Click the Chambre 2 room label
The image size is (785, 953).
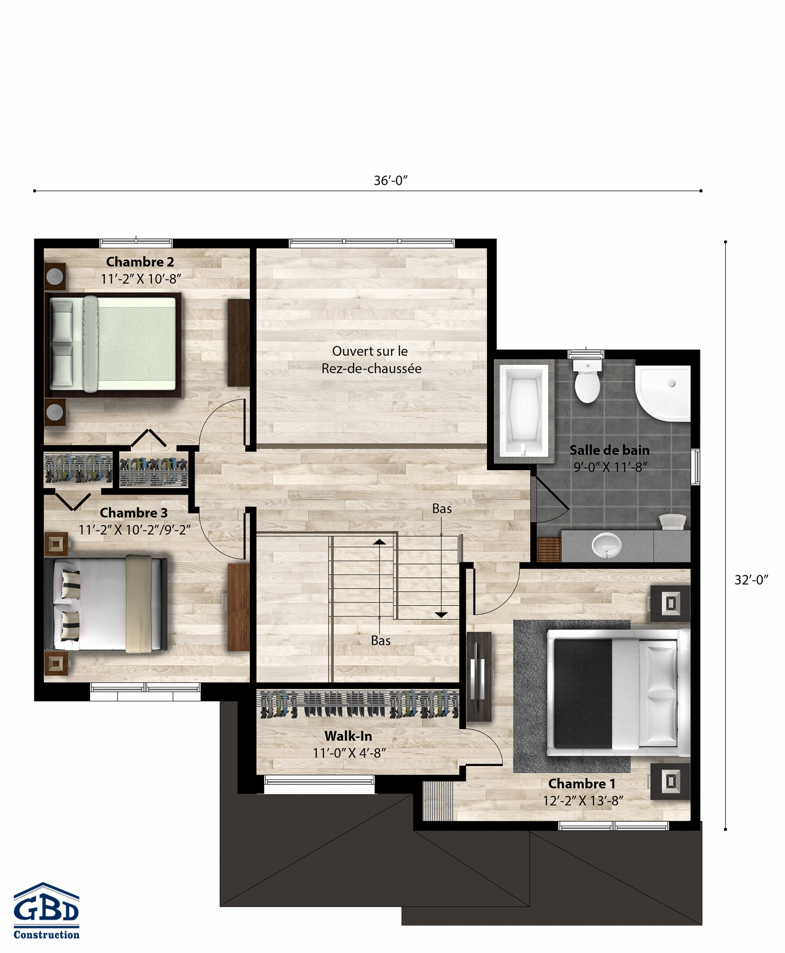(x=140, y=262)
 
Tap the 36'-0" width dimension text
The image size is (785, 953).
(x=391, y=181)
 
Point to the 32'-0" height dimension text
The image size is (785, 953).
(x=751, y=580)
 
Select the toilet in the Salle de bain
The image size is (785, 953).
(x=587, y=381)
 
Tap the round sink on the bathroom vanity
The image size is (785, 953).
(x=606, y=545)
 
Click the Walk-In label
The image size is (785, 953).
(x=348, y=736)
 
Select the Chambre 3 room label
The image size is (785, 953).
(x=133, y=513)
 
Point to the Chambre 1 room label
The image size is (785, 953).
(x=582, y=784)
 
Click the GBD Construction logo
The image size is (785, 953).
(x=47, y=911)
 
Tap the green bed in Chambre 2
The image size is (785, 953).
(x=113, y=345)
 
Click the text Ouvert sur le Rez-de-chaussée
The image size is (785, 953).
(x=371, y=360)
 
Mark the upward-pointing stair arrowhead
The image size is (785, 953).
(x=379, y=542)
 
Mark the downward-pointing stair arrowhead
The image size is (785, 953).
(x=441, y=615)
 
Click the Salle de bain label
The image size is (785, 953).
(x=609, y=451)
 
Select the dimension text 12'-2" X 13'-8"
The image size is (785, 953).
(x=583, y=801)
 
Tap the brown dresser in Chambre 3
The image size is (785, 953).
(x=239, y=607)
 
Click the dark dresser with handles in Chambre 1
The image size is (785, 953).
(x=479, y=677)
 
